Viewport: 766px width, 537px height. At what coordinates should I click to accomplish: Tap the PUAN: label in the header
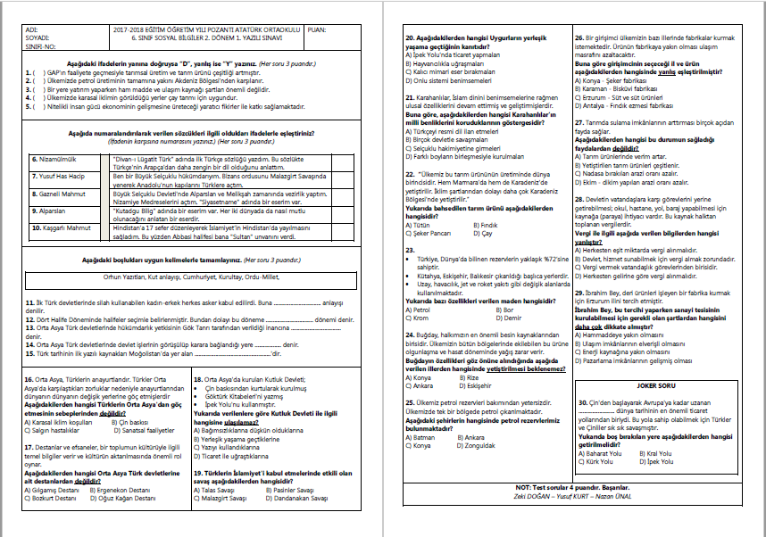pos(317,29)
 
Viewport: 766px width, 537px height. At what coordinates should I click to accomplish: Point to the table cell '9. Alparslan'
pos(48,211)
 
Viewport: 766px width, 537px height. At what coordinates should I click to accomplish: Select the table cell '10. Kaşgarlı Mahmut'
pos(59,227)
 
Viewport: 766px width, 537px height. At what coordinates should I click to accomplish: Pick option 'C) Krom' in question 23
pos(419,318)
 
